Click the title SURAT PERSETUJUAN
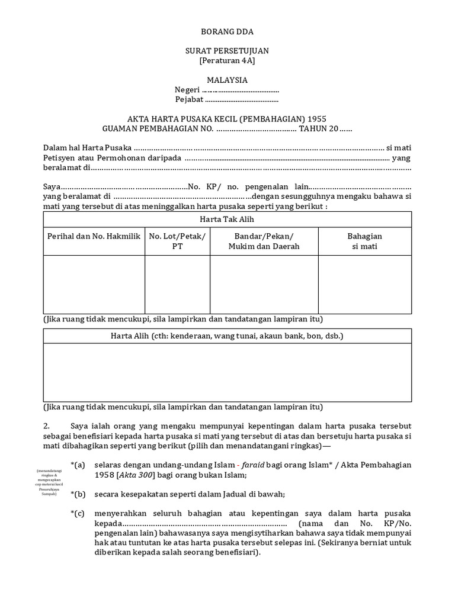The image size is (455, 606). click(227, 51)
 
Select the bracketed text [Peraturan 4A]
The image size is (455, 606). click(227, 61)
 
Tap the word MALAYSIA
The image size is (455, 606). click(227, 80)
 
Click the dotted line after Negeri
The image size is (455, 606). click(241, 91)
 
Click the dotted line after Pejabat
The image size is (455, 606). click(241, 100)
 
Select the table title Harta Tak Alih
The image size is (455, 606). click(227, 219)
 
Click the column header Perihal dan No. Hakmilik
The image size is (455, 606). click(94, 236)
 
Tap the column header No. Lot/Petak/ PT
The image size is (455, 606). click(177, 241)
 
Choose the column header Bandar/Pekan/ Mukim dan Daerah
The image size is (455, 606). click(264, 241)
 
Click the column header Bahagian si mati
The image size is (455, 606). click(364, 241)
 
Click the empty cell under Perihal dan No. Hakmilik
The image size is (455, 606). click(94, 284)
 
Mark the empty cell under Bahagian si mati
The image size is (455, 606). click(364, 284)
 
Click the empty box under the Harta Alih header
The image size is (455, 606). click(227, 372)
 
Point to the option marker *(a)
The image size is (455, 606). click(78, 465)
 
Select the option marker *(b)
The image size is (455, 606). click(78, 494)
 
